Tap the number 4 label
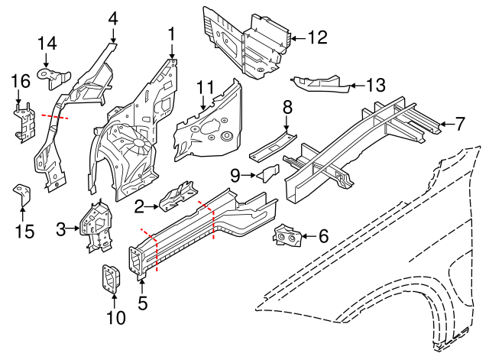(112, 18)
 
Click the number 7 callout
(460, 122)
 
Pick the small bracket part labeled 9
(267, 174)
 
